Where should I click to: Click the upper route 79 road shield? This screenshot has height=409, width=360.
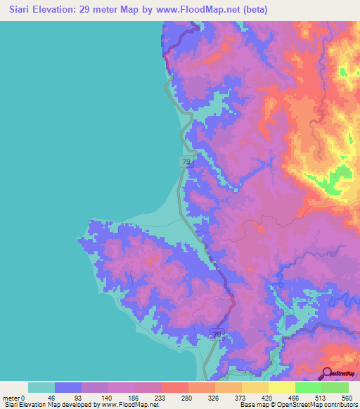click(186, 162)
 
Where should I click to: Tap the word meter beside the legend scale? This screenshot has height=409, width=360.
click(12, 397)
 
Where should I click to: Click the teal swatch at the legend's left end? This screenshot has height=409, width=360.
click(41, 387)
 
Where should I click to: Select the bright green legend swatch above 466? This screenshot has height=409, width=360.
click(308, 387)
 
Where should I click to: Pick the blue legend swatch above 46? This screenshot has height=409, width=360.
click(67, 387)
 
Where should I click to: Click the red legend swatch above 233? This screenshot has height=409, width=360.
click(174, 387)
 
